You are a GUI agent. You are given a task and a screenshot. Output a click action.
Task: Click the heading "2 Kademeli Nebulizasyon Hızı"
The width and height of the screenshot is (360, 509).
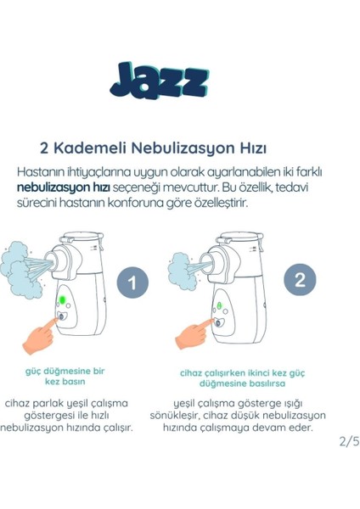point(179,144)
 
